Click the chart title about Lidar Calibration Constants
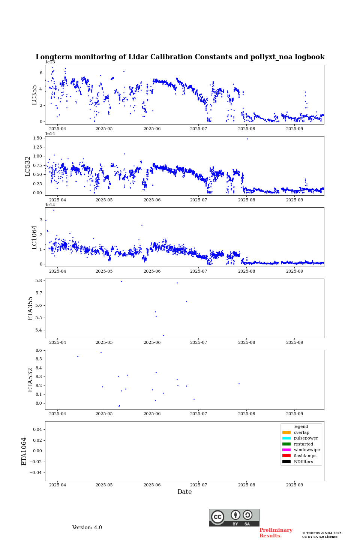click(x=180, y=57)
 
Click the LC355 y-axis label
click(x=34, y=95)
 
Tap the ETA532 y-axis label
click(x=31, y=379)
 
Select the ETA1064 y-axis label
click(x=24, y=451)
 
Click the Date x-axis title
click(x=184, y=492)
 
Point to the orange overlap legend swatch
click(x=286, y=432)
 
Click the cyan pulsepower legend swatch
click(x=286, y=438)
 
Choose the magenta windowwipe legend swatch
click(x=286, y=450)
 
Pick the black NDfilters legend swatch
click(x=286, y=462)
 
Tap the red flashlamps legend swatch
click(x=286, y=456)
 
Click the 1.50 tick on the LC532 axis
click(x=37, y=138)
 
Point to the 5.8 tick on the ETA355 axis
click(x=39, y=280)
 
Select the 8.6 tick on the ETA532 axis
click(x=39, y=350)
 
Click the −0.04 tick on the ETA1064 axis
click(x=36, y=472)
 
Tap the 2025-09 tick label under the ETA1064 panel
click(x=294, y=485)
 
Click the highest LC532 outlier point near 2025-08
click(x=247, y=139)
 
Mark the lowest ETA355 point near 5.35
click(x=163, y=335)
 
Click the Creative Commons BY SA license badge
click(x=234, y=517)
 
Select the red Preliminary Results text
click(x=276, y=533)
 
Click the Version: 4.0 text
click(x=87, y=528)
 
